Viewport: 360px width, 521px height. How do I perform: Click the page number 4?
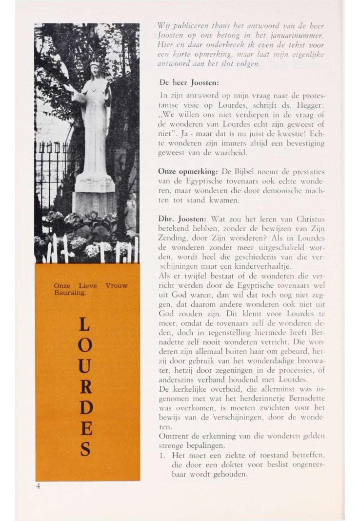[38, 486]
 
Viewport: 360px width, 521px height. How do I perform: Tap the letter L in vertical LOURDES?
[85, 324]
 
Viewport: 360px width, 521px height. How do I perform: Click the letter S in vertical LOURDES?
[85, 449]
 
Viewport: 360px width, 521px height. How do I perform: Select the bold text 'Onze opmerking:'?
[189, 172]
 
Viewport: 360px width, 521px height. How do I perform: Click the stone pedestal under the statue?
[94, 202]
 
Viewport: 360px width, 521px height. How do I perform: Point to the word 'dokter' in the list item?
[236, 464]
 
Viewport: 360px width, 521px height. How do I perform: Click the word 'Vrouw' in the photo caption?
[117, 286]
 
